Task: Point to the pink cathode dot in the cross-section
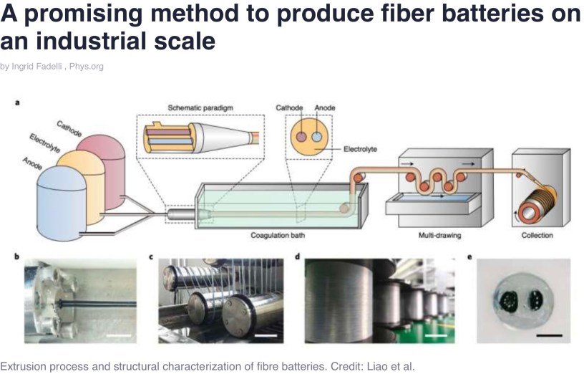302,136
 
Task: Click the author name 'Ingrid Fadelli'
36,67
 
